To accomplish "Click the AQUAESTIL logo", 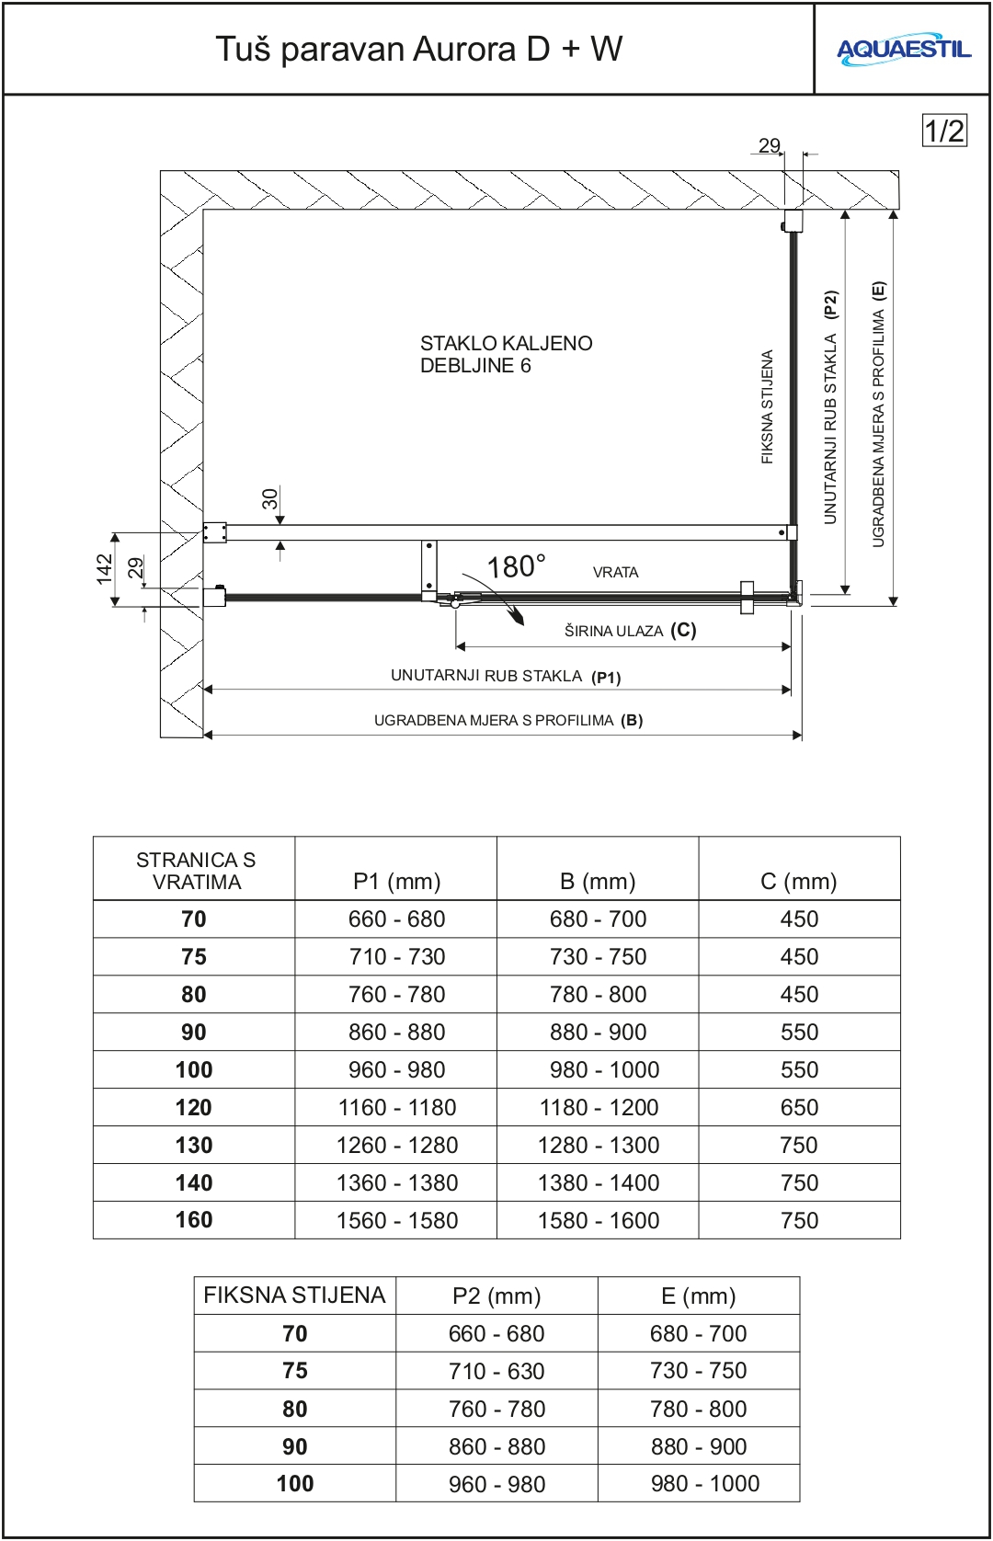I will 903,50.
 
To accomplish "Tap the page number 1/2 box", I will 944,131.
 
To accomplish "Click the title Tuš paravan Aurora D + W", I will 418,49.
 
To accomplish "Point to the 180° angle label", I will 516,566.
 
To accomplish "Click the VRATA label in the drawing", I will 615,572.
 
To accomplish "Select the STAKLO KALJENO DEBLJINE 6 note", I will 506,354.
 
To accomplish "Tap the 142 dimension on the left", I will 104,568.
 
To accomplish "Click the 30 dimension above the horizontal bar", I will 269,498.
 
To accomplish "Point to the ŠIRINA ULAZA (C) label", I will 630,630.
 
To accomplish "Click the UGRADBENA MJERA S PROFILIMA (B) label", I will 508,720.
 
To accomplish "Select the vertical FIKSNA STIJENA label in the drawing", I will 767,406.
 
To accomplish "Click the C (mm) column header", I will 798,881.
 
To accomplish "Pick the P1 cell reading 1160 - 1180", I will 396,1107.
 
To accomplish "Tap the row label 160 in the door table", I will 194,1220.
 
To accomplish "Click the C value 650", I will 798,1107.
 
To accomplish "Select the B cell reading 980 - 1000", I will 599,1069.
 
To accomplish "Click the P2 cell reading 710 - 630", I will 496,1371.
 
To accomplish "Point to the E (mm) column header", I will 698,1296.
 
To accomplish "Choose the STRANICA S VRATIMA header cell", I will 195,871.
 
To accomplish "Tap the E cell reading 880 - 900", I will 698,1446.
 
